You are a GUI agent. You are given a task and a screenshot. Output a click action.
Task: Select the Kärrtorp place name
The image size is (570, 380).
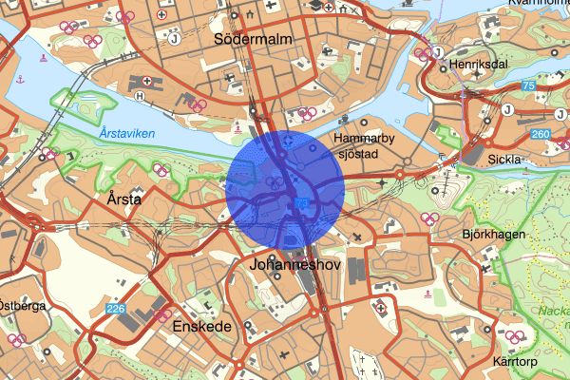click(517, 362)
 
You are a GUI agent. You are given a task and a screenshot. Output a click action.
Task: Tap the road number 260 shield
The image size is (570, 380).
click(541, 134)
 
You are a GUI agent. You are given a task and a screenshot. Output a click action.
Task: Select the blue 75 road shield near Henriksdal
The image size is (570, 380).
click(527, 87)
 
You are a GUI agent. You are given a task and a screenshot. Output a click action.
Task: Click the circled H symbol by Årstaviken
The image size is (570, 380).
click(142, 95)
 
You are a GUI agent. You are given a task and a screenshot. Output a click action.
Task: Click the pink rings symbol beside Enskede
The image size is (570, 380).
click(162, 314)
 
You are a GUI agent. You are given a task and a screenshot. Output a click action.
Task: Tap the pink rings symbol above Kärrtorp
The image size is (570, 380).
click(515, 336)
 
